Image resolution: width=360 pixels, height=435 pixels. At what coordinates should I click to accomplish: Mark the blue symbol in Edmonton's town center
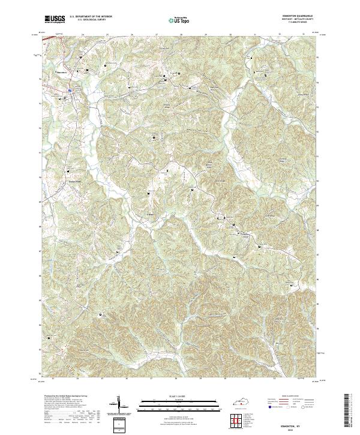[x=70, y=91]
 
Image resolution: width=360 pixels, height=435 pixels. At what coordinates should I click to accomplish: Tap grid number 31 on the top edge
[x=255, y=35]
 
